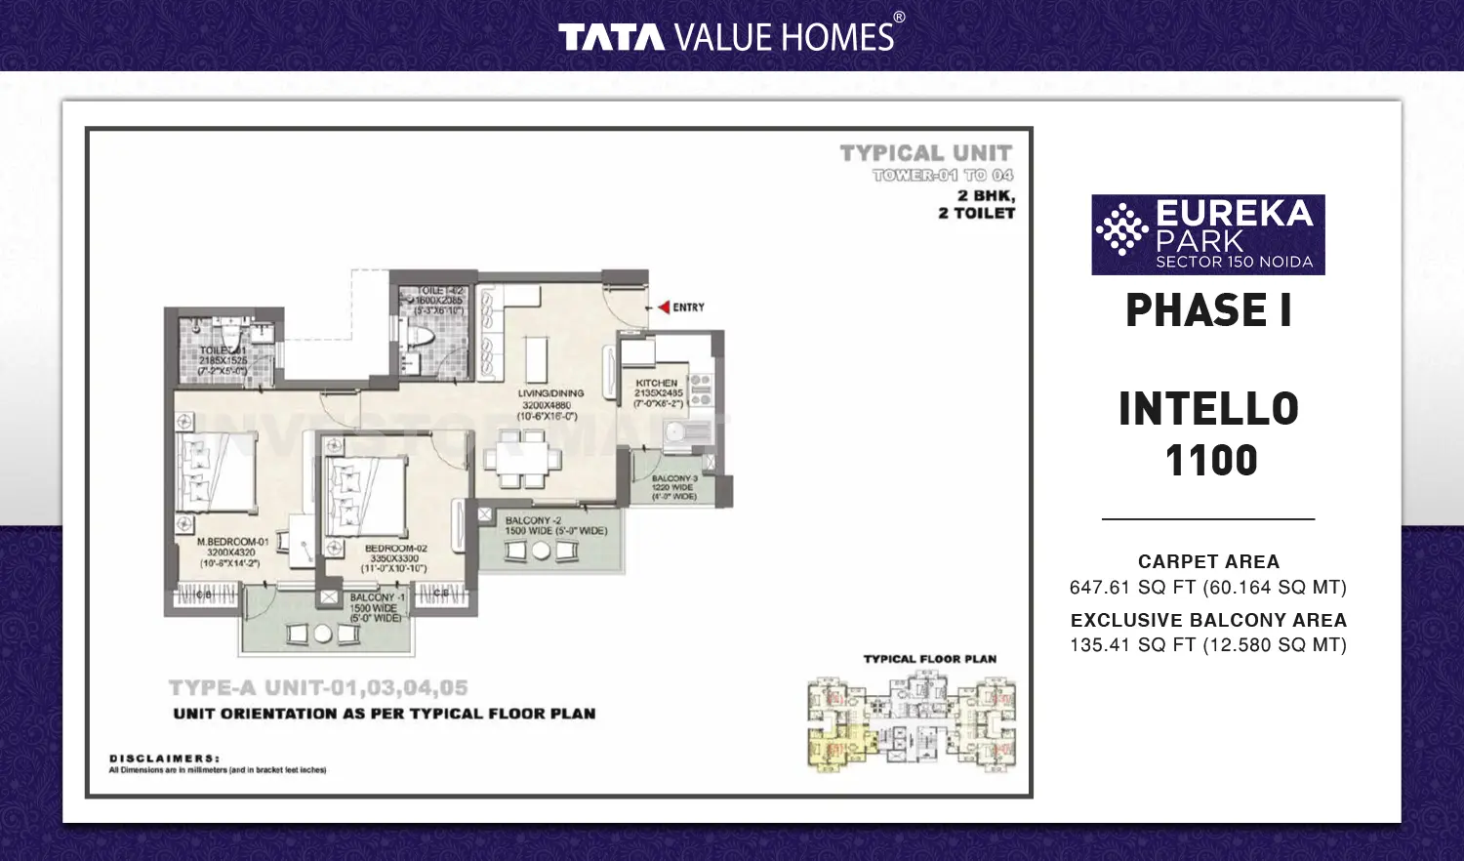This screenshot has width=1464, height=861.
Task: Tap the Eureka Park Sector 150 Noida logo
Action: (1207, 234)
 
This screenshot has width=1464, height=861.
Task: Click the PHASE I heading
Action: (1208, 310)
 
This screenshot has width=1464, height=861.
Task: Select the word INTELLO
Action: (1208, 409)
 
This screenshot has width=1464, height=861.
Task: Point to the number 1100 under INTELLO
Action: (1211, 460)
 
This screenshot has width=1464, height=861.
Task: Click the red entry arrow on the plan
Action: (664, 307)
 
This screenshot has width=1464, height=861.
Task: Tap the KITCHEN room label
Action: (657, 384)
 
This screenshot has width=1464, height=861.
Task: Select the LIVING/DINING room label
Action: (550, 393)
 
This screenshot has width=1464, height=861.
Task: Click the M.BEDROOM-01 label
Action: (232, 542)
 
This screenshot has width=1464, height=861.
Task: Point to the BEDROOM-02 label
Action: (395, 549)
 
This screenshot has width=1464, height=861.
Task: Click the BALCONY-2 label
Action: (533, 520)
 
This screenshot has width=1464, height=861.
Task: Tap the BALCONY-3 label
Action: (674, 478)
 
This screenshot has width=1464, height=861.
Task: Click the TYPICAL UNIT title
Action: (925, 153)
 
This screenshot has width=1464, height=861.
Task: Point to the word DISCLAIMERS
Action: (164, 758)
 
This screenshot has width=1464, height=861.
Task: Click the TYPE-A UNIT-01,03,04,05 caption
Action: (318, 688)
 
